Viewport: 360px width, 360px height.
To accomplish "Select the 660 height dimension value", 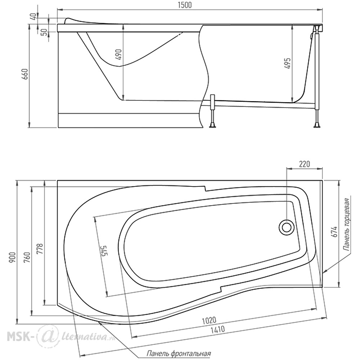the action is click(x=25, y=74).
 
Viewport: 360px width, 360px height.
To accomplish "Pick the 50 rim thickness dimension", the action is click(x=45, y=32).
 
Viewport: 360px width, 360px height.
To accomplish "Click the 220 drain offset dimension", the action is click(x=305, y=164).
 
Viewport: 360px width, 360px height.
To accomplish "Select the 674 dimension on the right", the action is click(x=335, y=232).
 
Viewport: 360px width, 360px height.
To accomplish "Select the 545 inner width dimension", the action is click(x=103, y=251).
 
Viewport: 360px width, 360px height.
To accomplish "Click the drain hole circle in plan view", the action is click(x=287, y=228).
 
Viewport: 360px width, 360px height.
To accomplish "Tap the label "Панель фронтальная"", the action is click(x=179, y=353).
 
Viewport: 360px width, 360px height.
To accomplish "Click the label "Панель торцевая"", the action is click(x=347, y=224).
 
